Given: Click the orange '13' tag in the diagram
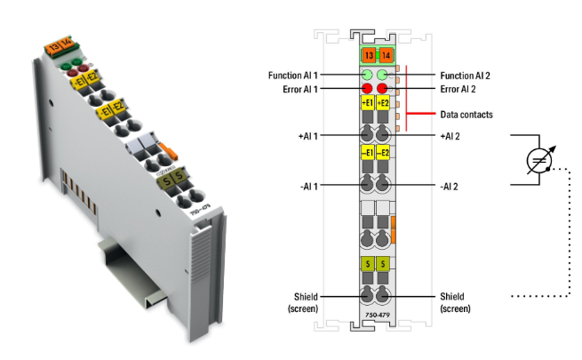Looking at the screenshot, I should coord(367,55).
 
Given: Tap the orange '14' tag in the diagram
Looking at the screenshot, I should coord(385,55).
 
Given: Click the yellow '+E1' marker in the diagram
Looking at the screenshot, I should coord(367,104).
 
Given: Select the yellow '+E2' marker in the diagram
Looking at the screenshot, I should coord(385,104).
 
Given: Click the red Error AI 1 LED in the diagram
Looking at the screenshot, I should coord(367,89).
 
